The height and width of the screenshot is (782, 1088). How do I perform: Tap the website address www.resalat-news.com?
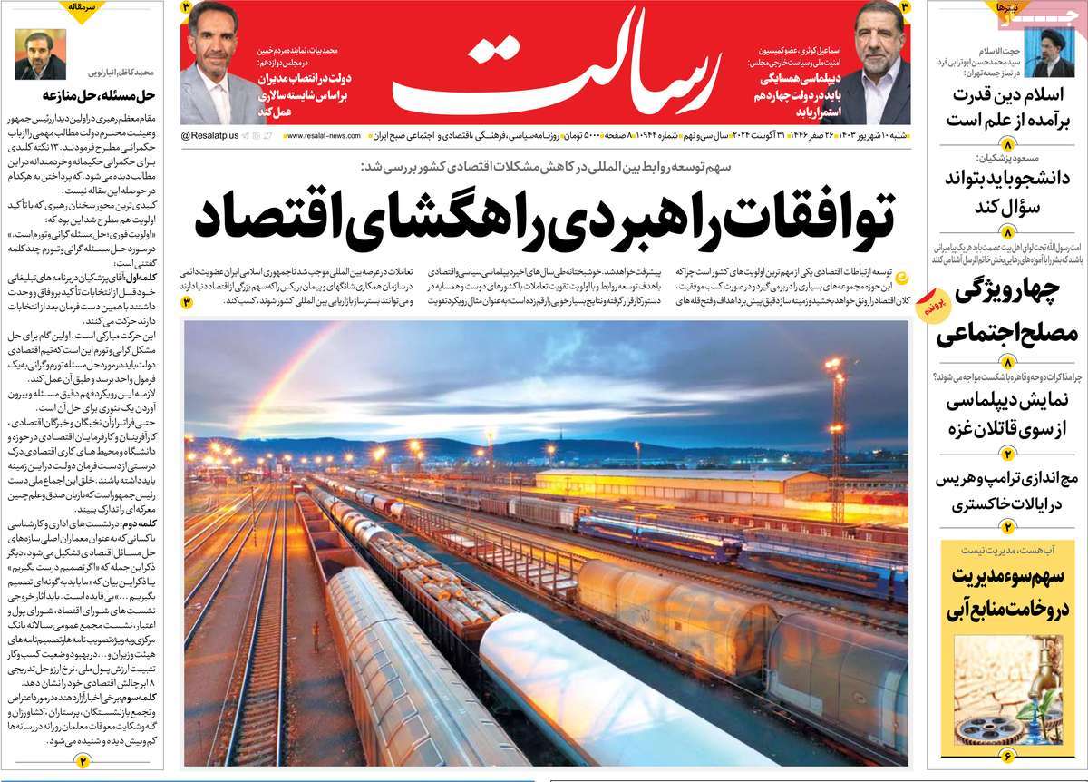pos(321,135)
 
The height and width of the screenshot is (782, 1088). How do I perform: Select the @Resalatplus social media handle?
pos(211,135)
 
